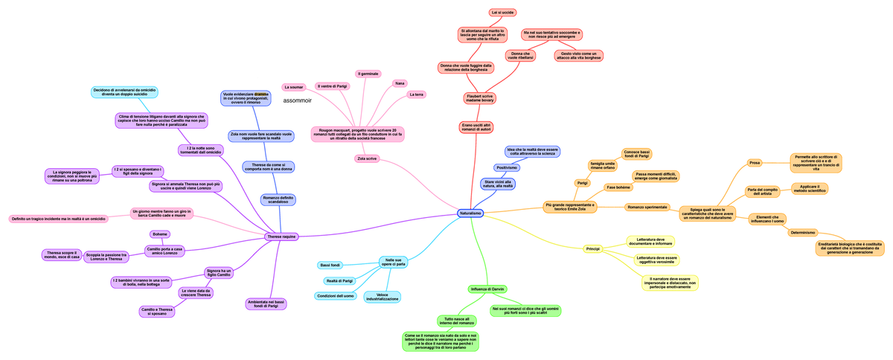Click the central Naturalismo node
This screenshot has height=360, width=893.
(470, 213)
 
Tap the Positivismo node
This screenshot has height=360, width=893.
(505, 167)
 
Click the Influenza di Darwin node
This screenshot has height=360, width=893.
(487, 289)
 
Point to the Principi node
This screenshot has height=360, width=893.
(592, 248)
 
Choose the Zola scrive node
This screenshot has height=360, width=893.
(367, 158)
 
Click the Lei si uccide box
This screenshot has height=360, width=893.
(502, 13)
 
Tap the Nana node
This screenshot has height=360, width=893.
(400, 83)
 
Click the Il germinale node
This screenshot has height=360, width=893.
(368, 74)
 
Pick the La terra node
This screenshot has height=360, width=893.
(417, 94)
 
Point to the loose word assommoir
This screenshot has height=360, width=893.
(298, 100)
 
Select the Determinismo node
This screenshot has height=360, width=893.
(802, 232)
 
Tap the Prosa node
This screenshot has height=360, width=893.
(754, 162)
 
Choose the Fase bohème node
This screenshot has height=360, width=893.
(618, 187)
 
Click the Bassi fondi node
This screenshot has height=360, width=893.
(330, 265)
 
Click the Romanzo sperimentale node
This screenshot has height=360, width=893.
(647, 207)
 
